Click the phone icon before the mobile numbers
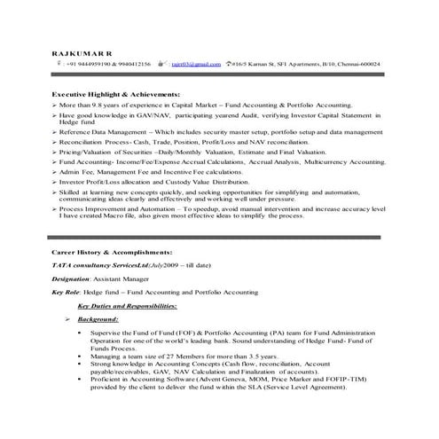coord(58,65)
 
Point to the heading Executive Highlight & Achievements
coord(115,94)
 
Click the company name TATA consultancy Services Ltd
coord(105,265)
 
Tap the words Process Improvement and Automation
coord(122,208)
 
